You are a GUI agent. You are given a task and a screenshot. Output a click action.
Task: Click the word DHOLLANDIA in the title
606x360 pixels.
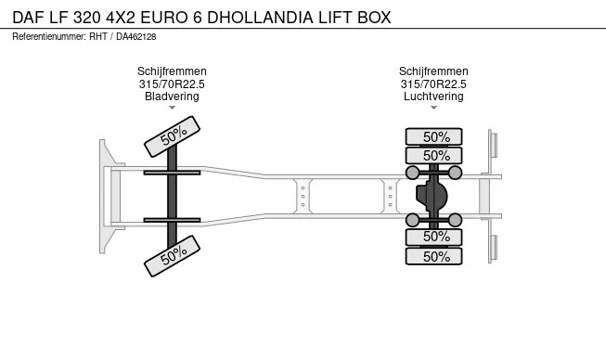coord(261,18)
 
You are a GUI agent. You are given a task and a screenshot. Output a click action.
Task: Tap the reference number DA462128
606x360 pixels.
coord(136,37)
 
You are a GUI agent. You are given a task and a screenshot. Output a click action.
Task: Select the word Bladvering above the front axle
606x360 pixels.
coord(172,96)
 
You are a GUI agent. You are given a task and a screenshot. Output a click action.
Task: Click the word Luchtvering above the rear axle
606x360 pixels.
coord(433,96)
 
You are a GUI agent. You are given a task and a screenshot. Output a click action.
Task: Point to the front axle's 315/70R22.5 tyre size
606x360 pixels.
coord(172,84)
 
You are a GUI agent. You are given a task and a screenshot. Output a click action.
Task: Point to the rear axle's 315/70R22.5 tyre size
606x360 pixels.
coord(433,84)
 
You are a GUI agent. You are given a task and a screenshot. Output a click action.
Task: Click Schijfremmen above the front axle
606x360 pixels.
coord(172,71)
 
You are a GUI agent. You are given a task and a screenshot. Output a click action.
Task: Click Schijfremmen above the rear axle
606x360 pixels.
coord(433,71)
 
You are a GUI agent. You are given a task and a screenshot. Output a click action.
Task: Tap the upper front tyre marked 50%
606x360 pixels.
coord(172,136)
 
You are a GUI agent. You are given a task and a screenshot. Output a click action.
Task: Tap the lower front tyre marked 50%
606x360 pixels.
coord(172,256)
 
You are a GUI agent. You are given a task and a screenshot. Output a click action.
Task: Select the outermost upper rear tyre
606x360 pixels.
coord(433,136)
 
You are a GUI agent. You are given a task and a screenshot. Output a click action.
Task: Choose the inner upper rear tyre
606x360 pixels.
coord(433,156)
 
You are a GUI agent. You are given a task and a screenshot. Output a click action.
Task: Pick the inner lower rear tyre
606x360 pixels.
coord(433,237)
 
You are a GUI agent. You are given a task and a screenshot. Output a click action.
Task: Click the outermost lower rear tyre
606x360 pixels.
coord(433,256)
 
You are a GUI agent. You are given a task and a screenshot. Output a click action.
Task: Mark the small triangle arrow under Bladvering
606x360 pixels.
coord(172,108)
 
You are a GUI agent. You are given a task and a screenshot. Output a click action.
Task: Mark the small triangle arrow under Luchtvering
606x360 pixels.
coord(433,108)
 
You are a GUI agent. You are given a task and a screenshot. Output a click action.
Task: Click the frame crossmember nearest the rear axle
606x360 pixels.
coord(390,196)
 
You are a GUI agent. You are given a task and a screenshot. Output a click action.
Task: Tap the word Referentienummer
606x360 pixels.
coord(48,37)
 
